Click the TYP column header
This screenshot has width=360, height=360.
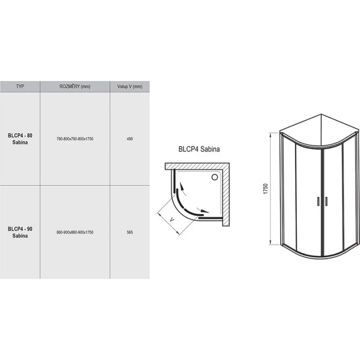tap(20, 86)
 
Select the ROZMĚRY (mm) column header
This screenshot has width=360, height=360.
tap(75, 86)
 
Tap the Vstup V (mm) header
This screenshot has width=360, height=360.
tap(130, 86)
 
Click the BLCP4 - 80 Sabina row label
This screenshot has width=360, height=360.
tap(20, 139)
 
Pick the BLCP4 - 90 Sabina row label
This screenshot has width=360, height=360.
tap(20, 232)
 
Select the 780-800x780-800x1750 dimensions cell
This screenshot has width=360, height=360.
tap(75, 139)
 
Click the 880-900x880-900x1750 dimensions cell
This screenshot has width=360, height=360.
tap(75, 232)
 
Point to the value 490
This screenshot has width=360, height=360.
tap(130, 139)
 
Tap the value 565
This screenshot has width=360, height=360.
tap(130, 232)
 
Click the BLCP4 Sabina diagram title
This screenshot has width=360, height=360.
tap(199, 149)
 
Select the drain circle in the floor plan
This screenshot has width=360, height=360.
tap(215, 177)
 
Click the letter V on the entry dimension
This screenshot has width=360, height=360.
tap(172, 220)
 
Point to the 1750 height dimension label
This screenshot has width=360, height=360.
tap(265, 189)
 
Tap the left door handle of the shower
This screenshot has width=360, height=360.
tap(318, 201)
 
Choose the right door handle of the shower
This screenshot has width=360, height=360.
tap(326, 201)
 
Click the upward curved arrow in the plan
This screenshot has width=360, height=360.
tap(183, 188)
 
